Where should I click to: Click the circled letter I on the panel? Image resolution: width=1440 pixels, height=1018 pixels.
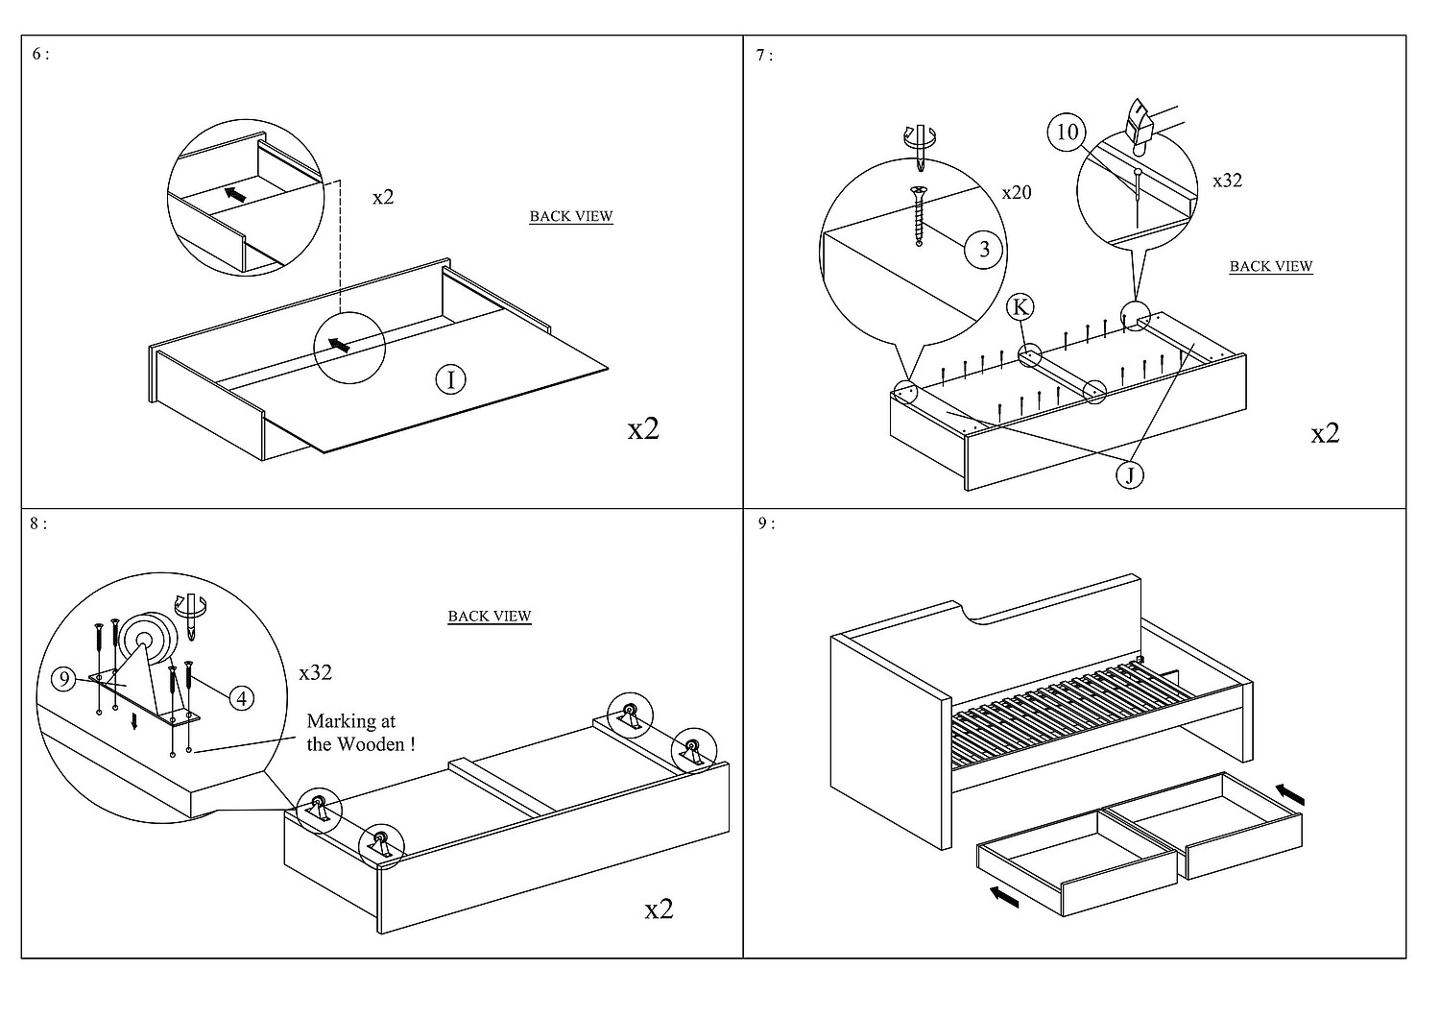450,379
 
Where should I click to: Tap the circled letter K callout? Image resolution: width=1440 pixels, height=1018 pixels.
1020,306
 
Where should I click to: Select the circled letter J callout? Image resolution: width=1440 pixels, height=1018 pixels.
1130,475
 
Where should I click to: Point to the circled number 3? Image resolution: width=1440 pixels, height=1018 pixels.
984,249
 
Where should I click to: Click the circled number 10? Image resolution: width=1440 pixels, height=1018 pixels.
1068,132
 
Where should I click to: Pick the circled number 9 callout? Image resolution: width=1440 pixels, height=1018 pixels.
63,679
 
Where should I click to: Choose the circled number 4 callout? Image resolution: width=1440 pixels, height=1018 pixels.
241,698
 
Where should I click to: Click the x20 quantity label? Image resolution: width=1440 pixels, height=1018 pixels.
1017,192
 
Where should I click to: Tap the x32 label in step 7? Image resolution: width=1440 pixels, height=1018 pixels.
1227,181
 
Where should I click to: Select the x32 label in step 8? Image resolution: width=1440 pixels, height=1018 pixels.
315,672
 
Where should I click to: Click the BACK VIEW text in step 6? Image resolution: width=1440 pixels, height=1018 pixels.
571,216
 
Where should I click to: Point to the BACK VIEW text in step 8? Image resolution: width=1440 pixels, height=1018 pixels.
490,616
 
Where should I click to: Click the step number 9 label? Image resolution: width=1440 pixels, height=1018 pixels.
766,523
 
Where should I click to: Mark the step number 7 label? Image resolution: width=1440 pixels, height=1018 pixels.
764,56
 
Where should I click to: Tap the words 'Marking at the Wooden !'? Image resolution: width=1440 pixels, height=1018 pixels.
361,733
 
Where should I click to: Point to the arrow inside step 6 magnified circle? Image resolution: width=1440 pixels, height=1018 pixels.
234,194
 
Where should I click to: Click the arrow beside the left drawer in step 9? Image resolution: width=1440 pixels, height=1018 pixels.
1004,897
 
